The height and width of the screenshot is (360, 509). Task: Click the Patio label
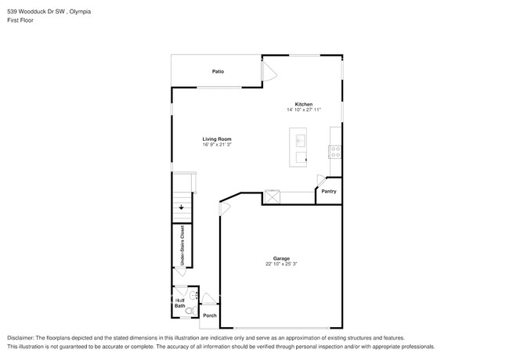(218, 72)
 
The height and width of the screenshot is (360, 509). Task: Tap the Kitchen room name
(304, 104)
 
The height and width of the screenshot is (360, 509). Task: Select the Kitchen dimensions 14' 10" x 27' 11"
(304, 110)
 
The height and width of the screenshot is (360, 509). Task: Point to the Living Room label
(217, 139)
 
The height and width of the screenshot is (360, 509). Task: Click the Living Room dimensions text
(217, 145)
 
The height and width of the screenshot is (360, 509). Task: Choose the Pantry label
(329, 191)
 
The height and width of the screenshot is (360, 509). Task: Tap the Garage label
(281, 258)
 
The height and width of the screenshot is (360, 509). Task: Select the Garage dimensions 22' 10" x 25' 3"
(281, 265)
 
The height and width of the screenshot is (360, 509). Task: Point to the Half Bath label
(180, 302)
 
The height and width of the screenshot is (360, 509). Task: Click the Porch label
(209, 315)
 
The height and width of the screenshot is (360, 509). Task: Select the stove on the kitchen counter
(335, 151)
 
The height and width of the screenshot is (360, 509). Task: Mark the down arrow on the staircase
(182, 207)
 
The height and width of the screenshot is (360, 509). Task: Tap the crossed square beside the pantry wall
(273, 197)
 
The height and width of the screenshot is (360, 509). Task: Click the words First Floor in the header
(22, 20)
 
